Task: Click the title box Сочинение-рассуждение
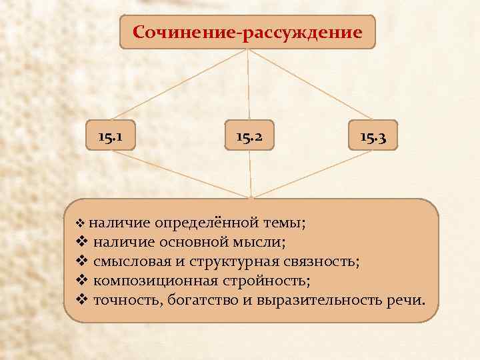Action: coord(247,32)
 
